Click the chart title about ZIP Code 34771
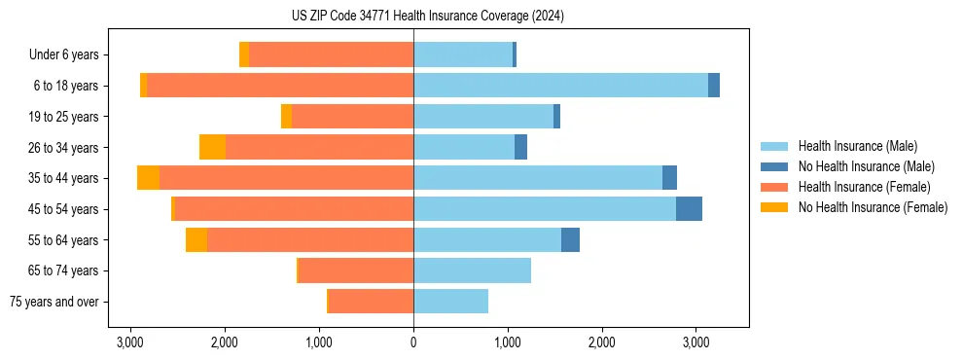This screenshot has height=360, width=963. (427, 17)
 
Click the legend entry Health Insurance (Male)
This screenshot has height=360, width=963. (856, 147)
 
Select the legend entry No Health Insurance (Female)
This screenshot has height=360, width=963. (872, 207)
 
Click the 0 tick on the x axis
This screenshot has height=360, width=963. (413, 343)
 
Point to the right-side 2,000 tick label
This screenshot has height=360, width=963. (601, 343)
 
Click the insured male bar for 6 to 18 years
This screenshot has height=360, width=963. (560, 86)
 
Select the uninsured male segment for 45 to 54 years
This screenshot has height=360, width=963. (689, 209)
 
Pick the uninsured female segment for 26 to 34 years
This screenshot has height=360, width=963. (212, 148)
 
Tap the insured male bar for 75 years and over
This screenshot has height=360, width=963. (450, 302)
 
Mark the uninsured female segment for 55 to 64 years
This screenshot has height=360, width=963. (196, 240)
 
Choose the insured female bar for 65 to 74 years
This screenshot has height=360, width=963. (356, 270)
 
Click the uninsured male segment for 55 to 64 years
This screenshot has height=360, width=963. (570, 240)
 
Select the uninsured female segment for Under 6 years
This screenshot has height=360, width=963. (244, 55)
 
